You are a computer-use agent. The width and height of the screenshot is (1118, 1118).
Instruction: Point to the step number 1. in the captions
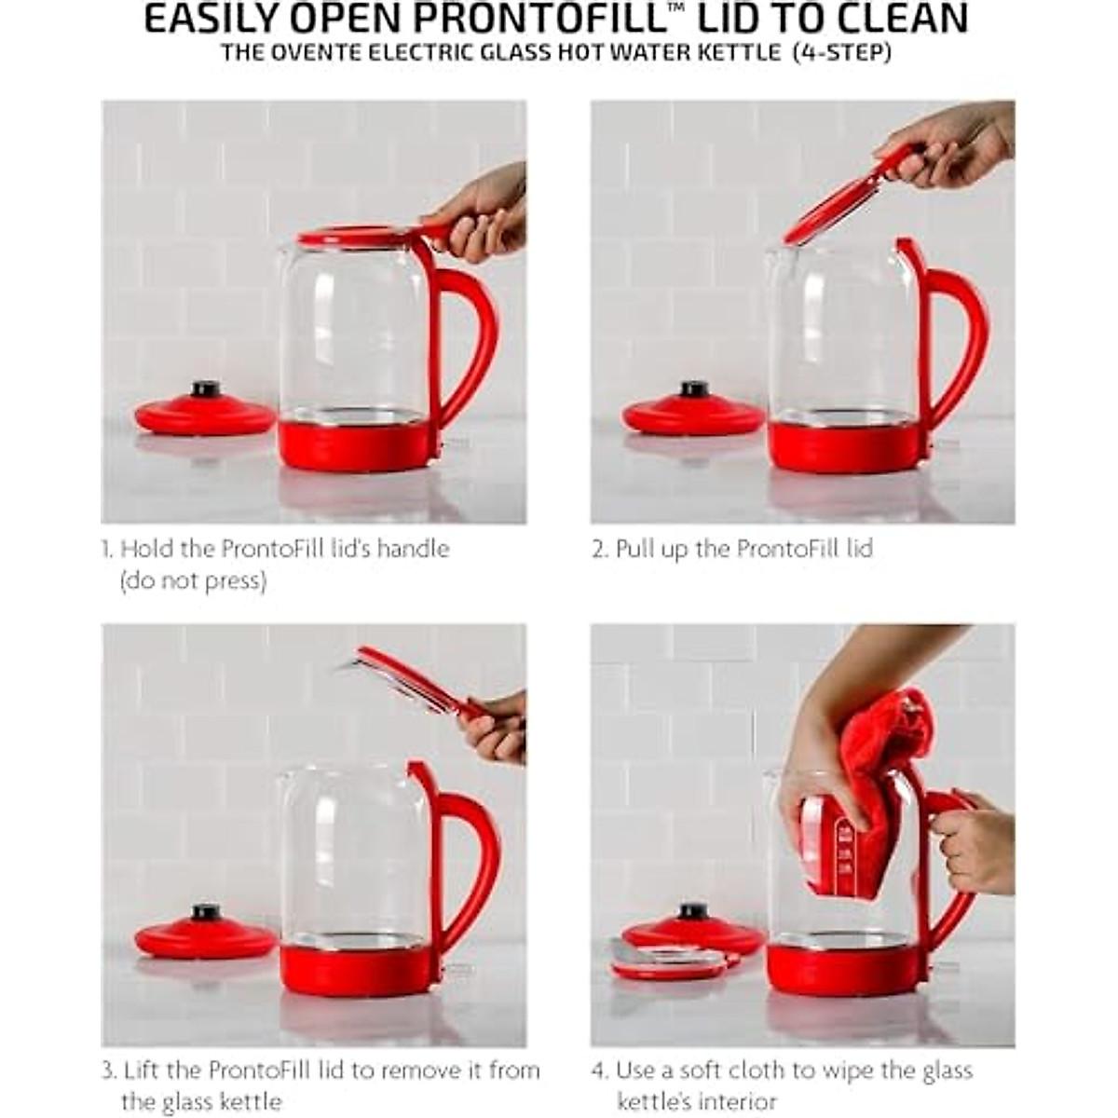coord(108,549)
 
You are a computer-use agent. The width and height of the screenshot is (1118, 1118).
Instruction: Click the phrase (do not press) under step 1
coord(193,581)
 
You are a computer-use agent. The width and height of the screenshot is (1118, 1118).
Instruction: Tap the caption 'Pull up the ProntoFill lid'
coord(743,549)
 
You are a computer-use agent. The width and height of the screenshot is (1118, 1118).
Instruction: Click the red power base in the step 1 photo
coord(205,415)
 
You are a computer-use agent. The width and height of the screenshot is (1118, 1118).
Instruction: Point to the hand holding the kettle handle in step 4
coord(974,843)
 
